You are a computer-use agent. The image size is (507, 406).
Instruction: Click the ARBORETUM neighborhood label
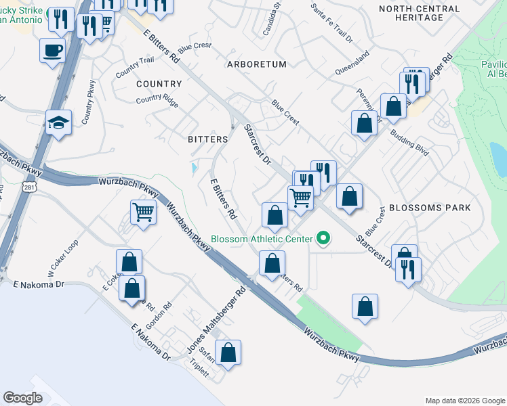[x=257, y=64]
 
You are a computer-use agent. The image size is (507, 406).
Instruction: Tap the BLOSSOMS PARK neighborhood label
[x=429, y=208]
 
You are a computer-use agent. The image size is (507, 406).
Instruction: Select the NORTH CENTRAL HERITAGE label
[x=411, y=13]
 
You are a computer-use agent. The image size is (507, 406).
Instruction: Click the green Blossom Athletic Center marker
[x=323, y=238]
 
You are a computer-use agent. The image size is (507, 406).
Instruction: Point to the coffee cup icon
[x=53, y=50]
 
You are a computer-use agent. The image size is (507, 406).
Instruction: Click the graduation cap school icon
[x=58, y=122]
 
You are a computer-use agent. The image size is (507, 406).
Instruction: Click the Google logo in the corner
[x=22, y=398]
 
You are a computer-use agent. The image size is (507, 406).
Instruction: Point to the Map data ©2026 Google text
[x=464, y=401]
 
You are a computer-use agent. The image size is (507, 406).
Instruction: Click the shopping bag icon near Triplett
[x=228, y=352]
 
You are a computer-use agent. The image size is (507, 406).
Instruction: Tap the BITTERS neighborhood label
[x=207, y=139]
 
